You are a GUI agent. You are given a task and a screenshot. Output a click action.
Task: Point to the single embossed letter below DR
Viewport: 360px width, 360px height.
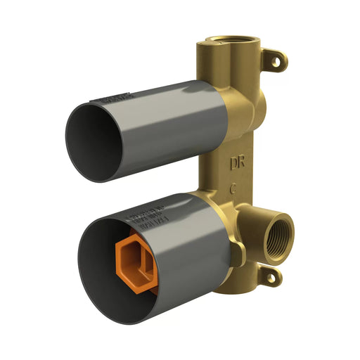pos(233,188)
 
